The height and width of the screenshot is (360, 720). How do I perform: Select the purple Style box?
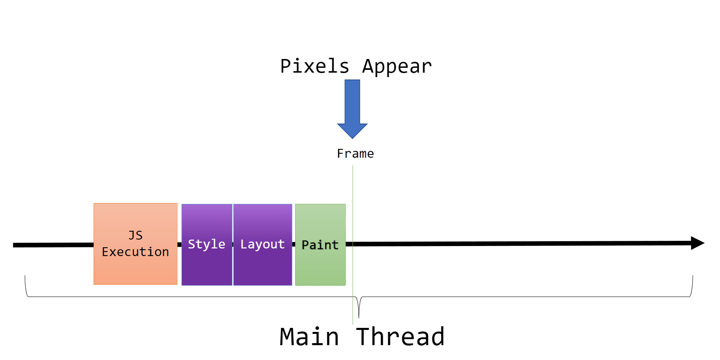[x=207, y=265]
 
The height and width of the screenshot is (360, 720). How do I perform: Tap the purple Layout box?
[x=262, y=265]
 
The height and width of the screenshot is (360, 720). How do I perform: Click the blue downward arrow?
[x=352, y=104]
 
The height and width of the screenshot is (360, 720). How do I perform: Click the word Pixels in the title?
[x=314, y=66]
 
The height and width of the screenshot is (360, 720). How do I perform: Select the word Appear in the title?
[x=397, y=66]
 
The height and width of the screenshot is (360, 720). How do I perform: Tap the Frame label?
[x=355, y=154]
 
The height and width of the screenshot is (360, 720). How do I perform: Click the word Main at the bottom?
[x=309, y=337]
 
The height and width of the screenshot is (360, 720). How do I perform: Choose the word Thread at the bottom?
[x=400, y=337]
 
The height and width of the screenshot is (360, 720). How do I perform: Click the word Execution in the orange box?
[x=135, y=252]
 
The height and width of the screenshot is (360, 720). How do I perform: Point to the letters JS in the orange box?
[x=135, y=235]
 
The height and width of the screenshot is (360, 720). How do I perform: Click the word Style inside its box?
[x=206, y=244]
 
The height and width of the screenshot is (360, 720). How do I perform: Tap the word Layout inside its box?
[x=262, y=244]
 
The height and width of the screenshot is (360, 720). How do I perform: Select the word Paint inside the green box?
[x=320, y=245]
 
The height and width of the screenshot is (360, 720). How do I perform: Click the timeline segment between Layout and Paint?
[x=294, y=244]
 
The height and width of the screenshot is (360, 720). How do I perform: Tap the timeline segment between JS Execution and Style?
[x=179, y=244]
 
